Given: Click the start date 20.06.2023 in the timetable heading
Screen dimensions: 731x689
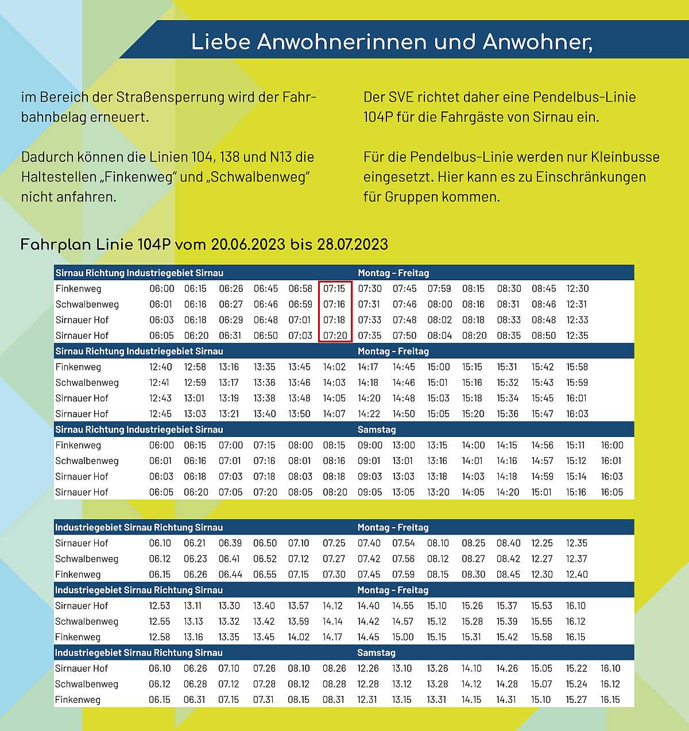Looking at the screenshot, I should point(248,245).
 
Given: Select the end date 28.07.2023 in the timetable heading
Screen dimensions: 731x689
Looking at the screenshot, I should point(353,245).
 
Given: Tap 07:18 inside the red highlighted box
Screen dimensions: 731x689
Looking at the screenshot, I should point(334,320).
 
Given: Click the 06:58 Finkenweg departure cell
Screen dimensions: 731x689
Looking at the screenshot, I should point(300,289).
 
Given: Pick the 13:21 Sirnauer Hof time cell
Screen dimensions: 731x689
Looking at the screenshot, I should point(230,413).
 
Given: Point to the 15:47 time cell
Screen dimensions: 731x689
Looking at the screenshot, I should point(543,413).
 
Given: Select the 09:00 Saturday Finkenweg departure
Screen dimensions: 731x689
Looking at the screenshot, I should point(370,445).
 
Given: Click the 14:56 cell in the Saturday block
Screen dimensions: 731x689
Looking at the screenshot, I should point(543,445).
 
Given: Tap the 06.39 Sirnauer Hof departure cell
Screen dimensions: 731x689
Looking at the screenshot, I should point(230,543).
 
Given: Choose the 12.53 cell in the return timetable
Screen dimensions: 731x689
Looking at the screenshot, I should point(160,606).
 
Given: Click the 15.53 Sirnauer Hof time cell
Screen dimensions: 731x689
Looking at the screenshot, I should point(542,606).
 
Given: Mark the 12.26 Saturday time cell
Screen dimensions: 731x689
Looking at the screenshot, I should point(368,668).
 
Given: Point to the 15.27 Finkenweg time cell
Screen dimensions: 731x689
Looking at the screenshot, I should point(576,699).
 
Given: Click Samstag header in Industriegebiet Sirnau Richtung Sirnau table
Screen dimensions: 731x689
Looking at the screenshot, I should point(376,653).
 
